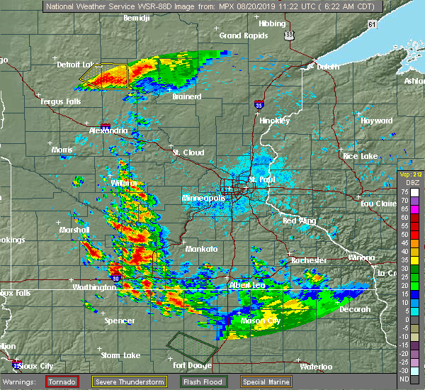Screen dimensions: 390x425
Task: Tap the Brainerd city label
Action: [x=187, y=96]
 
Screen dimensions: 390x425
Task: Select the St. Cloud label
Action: [x=188, y=152]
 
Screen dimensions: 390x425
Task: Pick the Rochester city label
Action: [x=308, y=260]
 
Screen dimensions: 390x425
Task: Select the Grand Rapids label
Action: [x=241, y=35]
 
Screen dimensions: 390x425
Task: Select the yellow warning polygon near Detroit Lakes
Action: [x=104, y=74]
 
